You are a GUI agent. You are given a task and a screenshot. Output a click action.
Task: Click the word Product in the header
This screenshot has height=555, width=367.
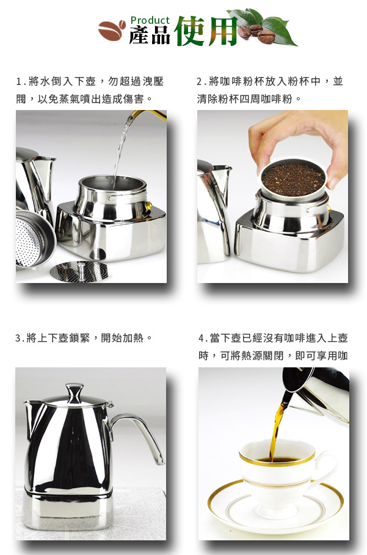pos(150,21)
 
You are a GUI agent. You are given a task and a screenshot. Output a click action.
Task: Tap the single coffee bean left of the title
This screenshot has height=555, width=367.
pos(112,30)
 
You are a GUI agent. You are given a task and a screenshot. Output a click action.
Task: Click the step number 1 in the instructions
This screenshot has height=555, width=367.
pos(19,82)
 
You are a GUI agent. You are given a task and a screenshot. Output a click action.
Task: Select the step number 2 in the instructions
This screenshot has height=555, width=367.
pos(200,82)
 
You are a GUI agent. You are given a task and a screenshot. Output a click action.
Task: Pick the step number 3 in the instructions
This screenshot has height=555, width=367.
pos(18,339)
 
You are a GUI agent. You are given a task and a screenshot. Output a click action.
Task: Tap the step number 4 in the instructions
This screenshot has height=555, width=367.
pos(201,339)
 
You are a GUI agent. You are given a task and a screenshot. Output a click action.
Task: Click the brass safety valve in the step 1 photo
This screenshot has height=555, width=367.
pos(148,205)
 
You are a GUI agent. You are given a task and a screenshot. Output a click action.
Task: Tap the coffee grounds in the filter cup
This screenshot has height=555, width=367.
pos(293,179)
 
